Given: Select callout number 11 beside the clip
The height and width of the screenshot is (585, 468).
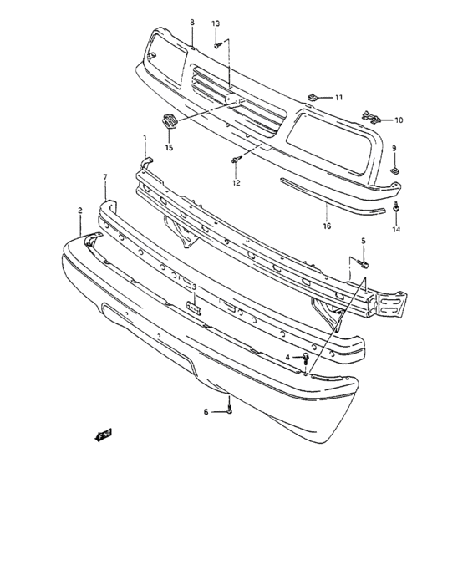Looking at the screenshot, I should (x=339, y=98).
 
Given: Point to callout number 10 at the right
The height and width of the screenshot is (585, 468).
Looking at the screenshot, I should (x=399, y=120).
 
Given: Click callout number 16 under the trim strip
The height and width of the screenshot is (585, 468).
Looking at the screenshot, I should (x=327, y=225).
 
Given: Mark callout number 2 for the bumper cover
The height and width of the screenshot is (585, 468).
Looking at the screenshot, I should (x=80, y=211).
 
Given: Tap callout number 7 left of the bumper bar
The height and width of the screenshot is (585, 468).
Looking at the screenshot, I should (x=105, y=177).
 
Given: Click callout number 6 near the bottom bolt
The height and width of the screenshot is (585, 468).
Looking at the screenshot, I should (x=205, y=411).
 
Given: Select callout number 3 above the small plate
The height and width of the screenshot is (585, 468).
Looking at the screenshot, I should (x=194, y=287).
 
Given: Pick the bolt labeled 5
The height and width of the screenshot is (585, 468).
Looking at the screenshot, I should (x=364, y=264).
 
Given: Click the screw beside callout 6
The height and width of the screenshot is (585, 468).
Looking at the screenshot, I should (x=229, y=410).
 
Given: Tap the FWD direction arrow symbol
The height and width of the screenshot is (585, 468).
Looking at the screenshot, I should (x=104, y=435).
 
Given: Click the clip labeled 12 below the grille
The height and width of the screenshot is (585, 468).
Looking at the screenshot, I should (x=236, y=160).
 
